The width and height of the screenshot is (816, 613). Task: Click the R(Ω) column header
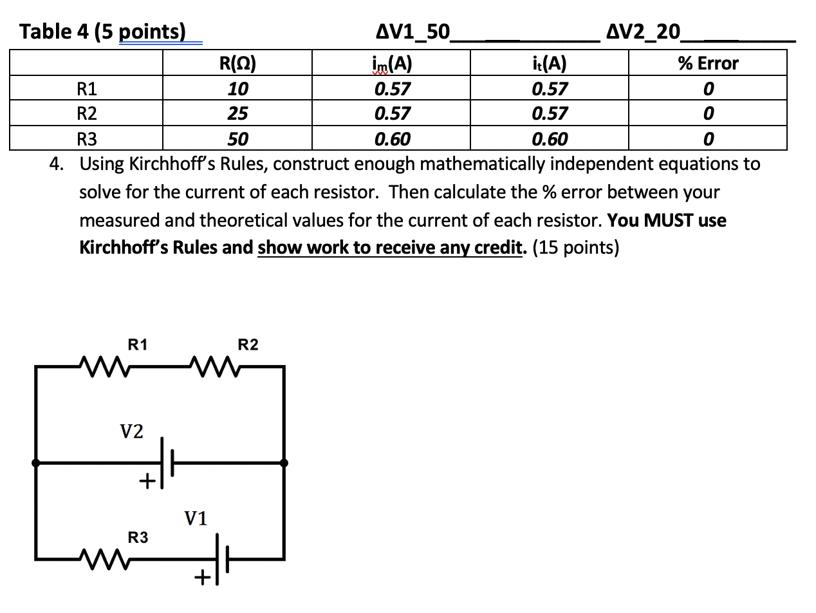[x=237, y=63]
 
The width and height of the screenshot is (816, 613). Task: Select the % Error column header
[x=708, y=63]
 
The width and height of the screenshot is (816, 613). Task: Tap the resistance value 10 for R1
[x=237, y=88]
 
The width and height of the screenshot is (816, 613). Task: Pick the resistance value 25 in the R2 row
[x=237, y=113]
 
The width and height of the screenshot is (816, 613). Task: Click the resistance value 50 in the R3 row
[x=237, y=138]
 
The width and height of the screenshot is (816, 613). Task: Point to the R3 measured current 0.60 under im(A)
[x=392, y=138]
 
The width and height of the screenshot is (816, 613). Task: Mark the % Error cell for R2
[x=708, y=113]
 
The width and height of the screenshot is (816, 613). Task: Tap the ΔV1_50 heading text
[x=413, y=32]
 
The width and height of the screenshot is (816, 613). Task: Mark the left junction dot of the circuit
[x=36, y=462]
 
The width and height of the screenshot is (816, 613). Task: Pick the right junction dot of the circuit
[x=284, y=462]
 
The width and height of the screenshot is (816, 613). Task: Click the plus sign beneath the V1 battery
[x=203, y=579]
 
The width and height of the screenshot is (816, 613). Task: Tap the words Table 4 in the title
[x=55, y=32]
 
